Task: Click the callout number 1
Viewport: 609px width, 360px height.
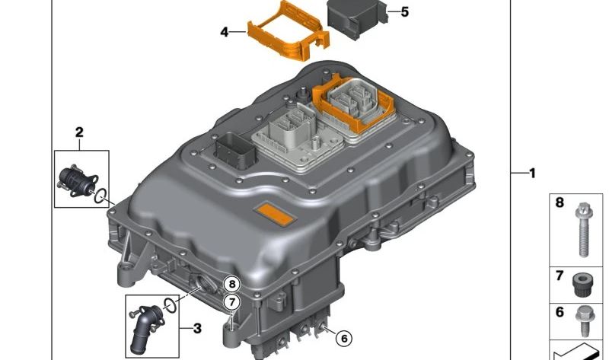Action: click(532, 174)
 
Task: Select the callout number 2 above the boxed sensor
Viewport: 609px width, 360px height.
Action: click(79, 132)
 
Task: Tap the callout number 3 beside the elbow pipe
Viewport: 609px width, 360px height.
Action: click(197, 329)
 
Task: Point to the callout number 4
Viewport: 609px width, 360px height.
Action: click(224, 32)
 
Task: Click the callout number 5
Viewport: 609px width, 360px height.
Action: click(405, 12)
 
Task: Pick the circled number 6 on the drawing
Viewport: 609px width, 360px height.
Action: click(344, 339)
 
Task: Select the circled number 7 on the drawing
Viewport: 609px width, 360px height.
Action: click(232, 301)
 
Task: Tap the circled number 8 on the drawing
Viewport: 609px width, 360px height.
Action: click(232, 284)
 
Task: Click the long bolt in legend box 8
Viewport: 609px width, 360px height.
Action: click(582, 230)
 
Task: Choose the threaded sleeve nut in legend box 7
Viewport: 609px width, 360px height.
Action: click(582, 285)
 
